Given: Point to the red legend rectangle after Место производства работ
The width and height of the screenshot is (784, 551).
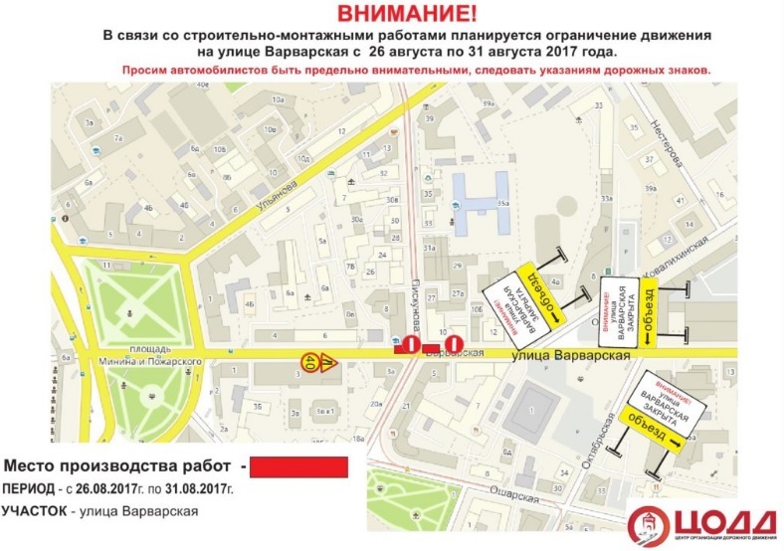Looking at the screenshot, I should click(x=297, y=466).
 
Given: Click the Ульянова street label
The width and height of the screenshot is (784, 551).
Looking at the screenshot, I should click(x=278, y=182).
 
